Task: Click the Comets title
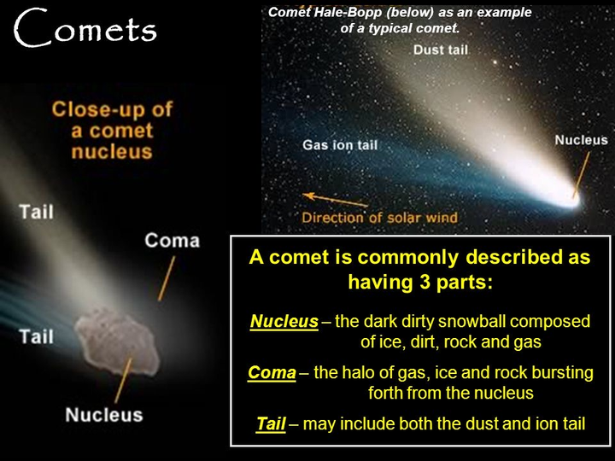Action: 85,28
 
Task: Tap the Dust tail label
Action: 441,50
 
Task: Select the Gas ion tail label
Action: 340,145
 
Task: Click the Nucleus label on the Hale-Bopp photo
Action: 582,140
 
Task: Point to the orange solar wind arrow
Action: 336,200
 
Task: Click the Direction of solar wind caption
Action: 379,218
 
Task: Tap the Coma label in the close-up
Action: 173,240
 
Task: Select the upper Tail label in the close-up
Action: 37,212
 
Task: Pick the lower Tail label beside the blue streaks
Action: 37,336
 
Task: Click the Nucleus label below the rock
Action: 104,415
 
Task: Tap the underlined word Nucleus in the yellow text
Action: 284,321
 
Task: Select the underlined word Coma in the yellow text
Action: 272,372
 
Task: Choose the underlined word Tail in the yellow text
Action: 271,423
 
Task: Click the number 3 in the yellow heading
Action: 425,282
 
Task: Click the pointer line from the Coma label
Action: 167,278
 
